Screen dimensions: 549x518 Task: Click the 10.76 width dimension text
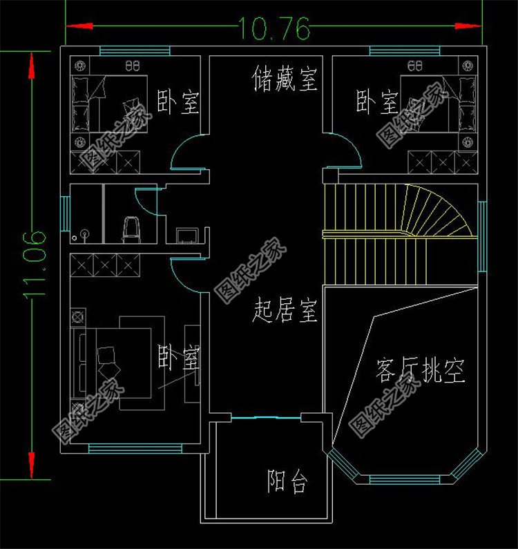pyautogui.click(x=275, y=28)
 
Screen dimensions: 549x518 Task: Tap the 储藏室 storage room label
pyautogui.click(x=285, y=79)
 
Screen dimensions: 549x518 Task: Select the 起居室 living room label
pyautogui.click(x=285, y=311)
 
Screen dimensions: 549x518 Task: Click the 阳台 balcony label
pyautogui.click(x=287, y=481)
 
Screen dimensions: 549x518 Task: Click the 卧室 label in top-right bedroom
pyautogui.click(x=377, y=102)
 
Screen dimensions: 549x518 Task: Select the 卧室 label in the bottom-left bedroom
pyautogui.click(x=179, y=358)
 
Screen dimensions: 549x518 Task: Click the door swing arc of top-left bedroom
pyautogui.click(x=185, y=151)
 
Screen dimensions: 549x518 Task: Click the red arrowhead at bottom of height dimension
pyautogui.click(x=31, y=459)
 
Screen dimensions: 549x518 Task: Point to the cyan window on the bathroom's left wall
pyautogui.click(x=65, y=214)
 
